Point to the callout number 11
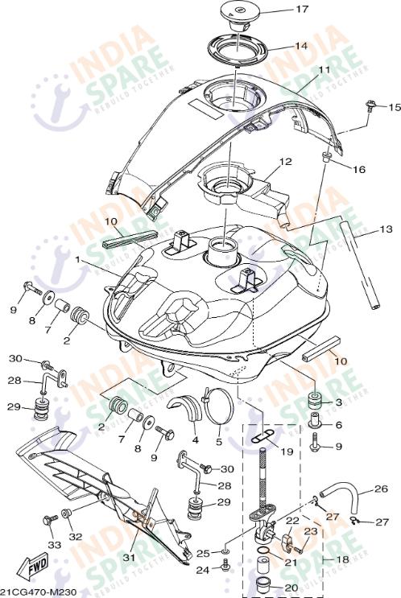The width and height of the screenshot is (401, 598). [324, 71]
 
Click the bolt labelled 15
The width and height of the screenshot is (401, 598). [371, 105]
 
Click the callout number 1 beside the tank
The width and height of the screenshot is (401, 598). [78, 261]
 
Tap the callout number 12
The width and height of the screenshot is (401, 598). [285, 162]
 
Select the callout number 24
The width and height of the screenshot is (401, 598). [205, 570]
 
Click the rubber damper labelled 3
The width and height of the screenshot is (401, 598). [315, 400]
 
